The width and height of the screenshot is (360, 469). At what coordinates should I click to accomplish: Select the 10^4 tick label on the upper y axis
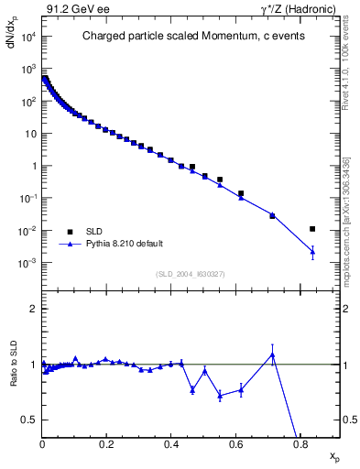click(x=27, y=38)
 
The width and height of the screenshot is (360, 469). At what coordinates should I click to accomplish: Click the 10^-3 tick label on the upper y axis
click(x=27, y=263)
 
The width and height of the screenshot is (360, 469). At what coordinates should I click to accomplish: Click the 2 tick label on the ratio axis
click(x=34, y=309)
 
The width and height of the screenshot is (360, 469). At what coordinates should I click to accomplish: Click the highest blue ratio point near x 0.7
click(x=272, y=354)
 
